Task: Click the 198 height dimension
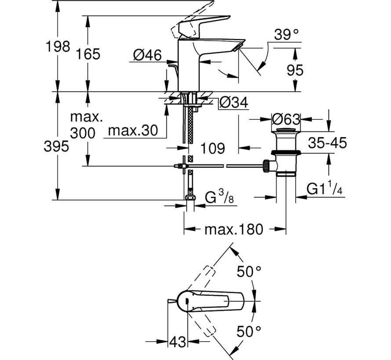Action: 58,47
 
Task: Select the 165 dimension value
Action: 88,54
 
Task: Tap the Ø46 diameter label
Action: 147,55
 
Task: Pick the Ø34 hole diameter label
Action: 234,102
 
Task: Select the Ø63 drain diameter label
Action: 286,119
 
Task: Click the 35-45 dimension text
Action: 327,143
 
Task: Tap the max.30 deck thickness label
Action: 133,130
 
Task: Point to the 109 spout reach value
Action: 213,148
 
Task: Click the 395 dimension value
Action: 56,146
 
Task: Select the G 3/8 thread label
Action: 219,197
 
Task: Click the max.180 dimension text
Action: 234,229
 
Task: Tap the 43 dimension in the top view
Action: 178,342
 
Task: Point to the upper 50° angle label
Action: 249,272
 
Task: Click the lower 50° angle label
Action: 249,331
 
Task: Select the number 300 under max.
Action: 83,133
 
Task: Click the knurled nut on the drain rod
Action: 266,166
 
